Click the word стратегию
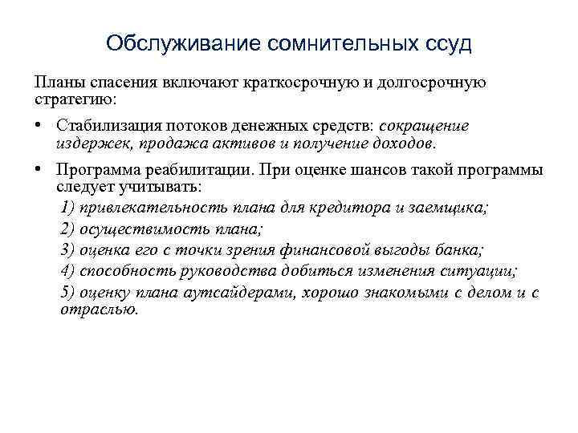74,99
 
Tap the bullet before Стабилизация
38,127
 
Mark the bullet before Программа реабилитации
38,171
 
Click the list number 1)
67,208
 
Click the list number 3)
67,249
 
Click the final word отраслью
99,308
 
